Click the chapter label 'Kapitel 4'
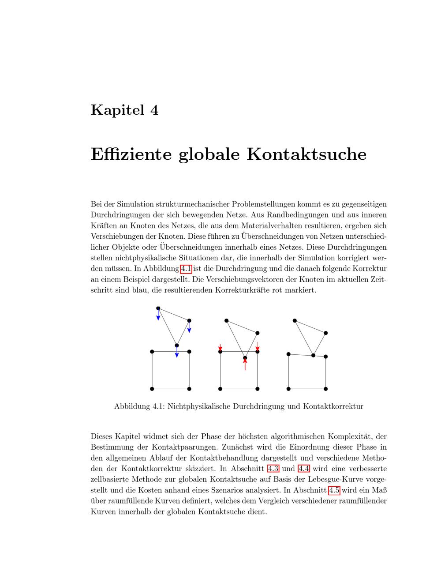[124, 110]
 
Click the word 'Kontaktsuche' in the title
[306, 154]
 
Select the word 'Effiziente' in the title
[131, 154]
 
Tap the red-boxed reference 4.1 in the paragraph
[186, 269]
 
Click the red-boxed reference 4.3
[273, 469]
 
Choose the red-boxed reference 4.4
[304, 469]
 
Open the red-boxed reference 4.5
[334, 490]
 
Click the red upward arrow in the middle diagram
[245, 364]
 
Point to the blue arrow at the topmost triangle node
[158, 315]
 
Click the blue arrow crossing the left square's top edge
[177, 352]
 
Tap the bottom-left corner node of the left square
[152, 389]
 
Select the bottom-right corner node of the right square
[326, 389]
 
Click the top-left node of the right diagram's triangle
[295, 320]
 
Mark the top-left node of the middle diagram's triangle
[226, 320]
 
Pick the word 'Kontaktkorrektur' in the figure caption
[333, 406]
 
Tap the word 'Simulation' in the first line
[136, 204]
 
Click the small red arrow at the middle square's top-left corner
[220, 348]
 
